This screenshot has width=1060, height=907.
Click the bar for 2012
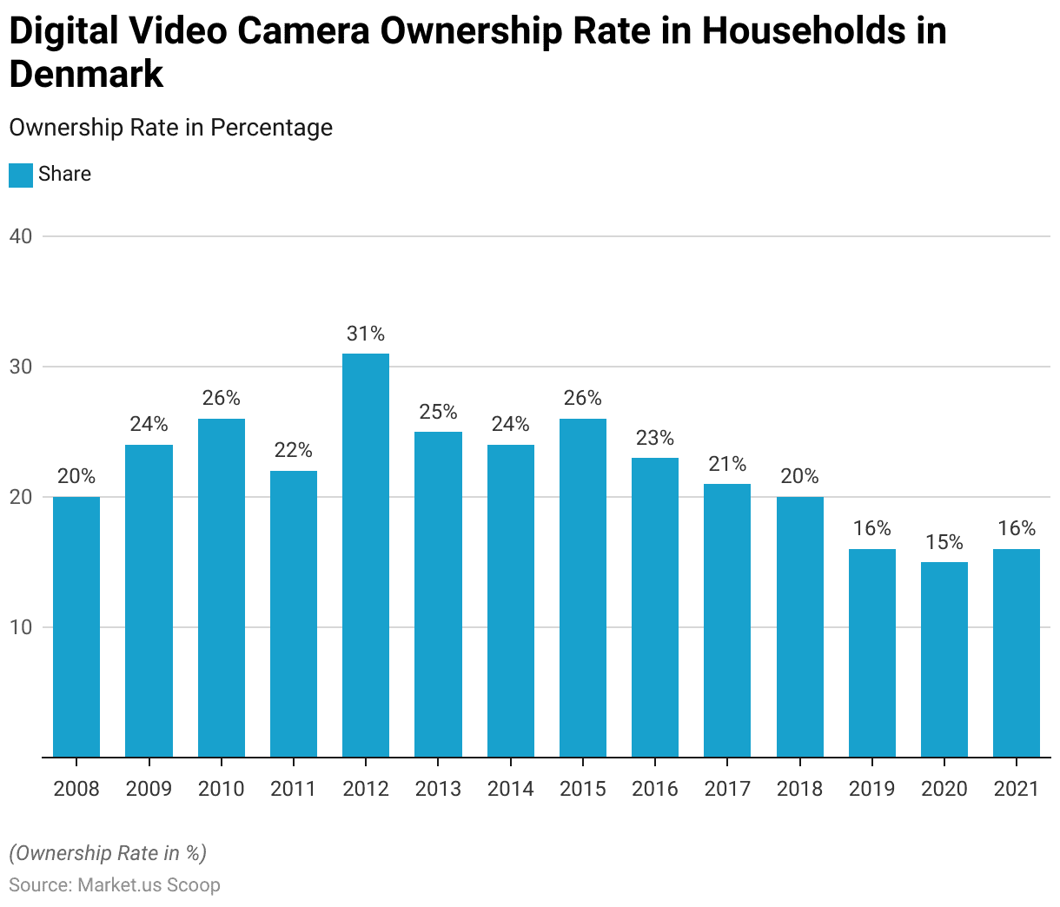pyautogui.click(x=366, y=555)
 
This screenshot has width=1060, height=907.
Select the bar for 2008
pyautogui.click(x=76, y=626)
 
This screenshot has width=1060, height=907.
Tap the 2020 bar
pyautogui.click(x=944, y=659)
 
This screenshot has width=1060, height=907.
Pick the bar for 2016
pyautogui.click(x=655, y=607)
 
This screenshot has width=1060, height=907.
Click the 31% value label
pyautogui.click(x=366, y=334)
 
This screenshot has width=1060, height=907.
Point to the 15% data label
pyautogui.click(x=944, y=542)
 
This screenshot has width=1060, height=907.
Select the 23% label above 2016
pyautogui.click(x=655, y=438)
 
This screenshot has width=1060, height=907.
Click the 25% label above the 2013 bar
pyautogui.click(x=438, y=412)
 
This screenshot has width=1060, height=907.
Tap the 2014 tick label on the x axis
pyautogui.click(x=510, y=789)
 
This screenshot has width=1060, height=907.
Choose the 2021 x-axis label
pyautogui.click(x=1017, y=789)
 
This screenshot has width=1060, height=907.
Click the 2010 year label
pyautogui.click(x=222, y=789)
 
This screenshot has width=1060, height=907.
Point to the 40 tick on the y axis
pyautogui.click(x=21, y=236)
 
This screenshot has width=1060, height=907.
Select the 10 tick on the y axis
pyautogui.click(x=21, y=627)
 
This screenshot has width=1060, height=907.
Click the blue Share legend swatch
pyautogui.click(x=21, y=175)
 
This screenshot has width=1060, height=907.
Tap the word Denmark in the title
pyautogui.click(x=86, y=74)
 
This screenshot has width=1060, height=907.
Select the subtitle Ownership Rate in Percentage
pyautogui.click(x=171, y=128)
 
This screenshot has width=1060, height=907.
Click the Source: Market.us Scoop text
pyautogui.click(x=115, y=884)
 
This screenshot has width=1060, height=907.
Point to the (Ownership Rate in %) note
pyautogui.click(x=108, y=853)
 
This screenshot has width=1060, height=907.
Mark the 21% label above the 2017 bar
pyautogui.click(x=727, y=464)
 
